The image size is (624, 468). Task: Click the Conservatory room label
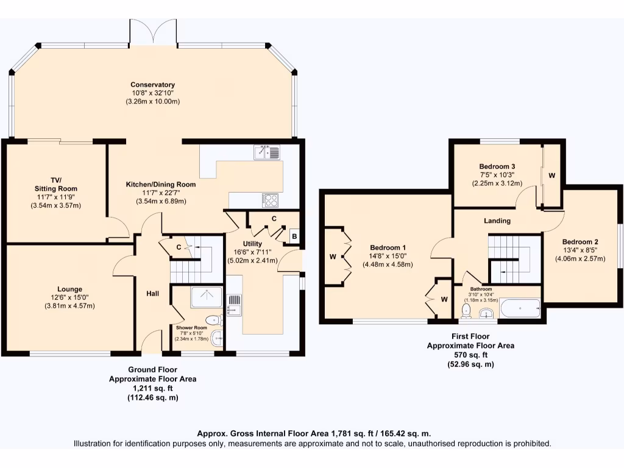(152, 85)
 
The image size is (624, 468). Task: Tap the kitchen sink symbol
(267, 152)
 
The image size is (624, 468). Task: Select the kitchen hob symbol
(271, 199)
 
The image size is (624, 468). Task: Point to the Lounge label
(69, 289)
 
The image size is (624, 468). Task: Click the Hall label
(152, 294)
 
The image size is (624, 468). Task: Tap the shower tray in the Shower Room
(207, 297)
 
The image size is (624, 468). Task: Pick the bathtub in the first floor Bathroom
(519, 308)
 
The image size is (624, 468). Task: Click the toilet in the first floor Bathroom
(466, 311)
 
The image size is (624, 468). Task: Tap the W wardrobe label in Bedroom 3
(551, 175)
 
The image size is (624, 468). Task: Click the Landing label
(498, 221)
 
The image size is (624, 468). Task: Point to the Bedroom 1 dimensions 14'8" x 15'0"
(388, 256)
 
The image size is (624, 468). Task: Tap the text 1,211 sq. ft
(152, 388)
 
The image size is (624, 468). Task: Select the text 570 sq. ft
(470, 355)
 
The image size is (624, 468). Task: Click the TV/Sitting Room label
(56, 184)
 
